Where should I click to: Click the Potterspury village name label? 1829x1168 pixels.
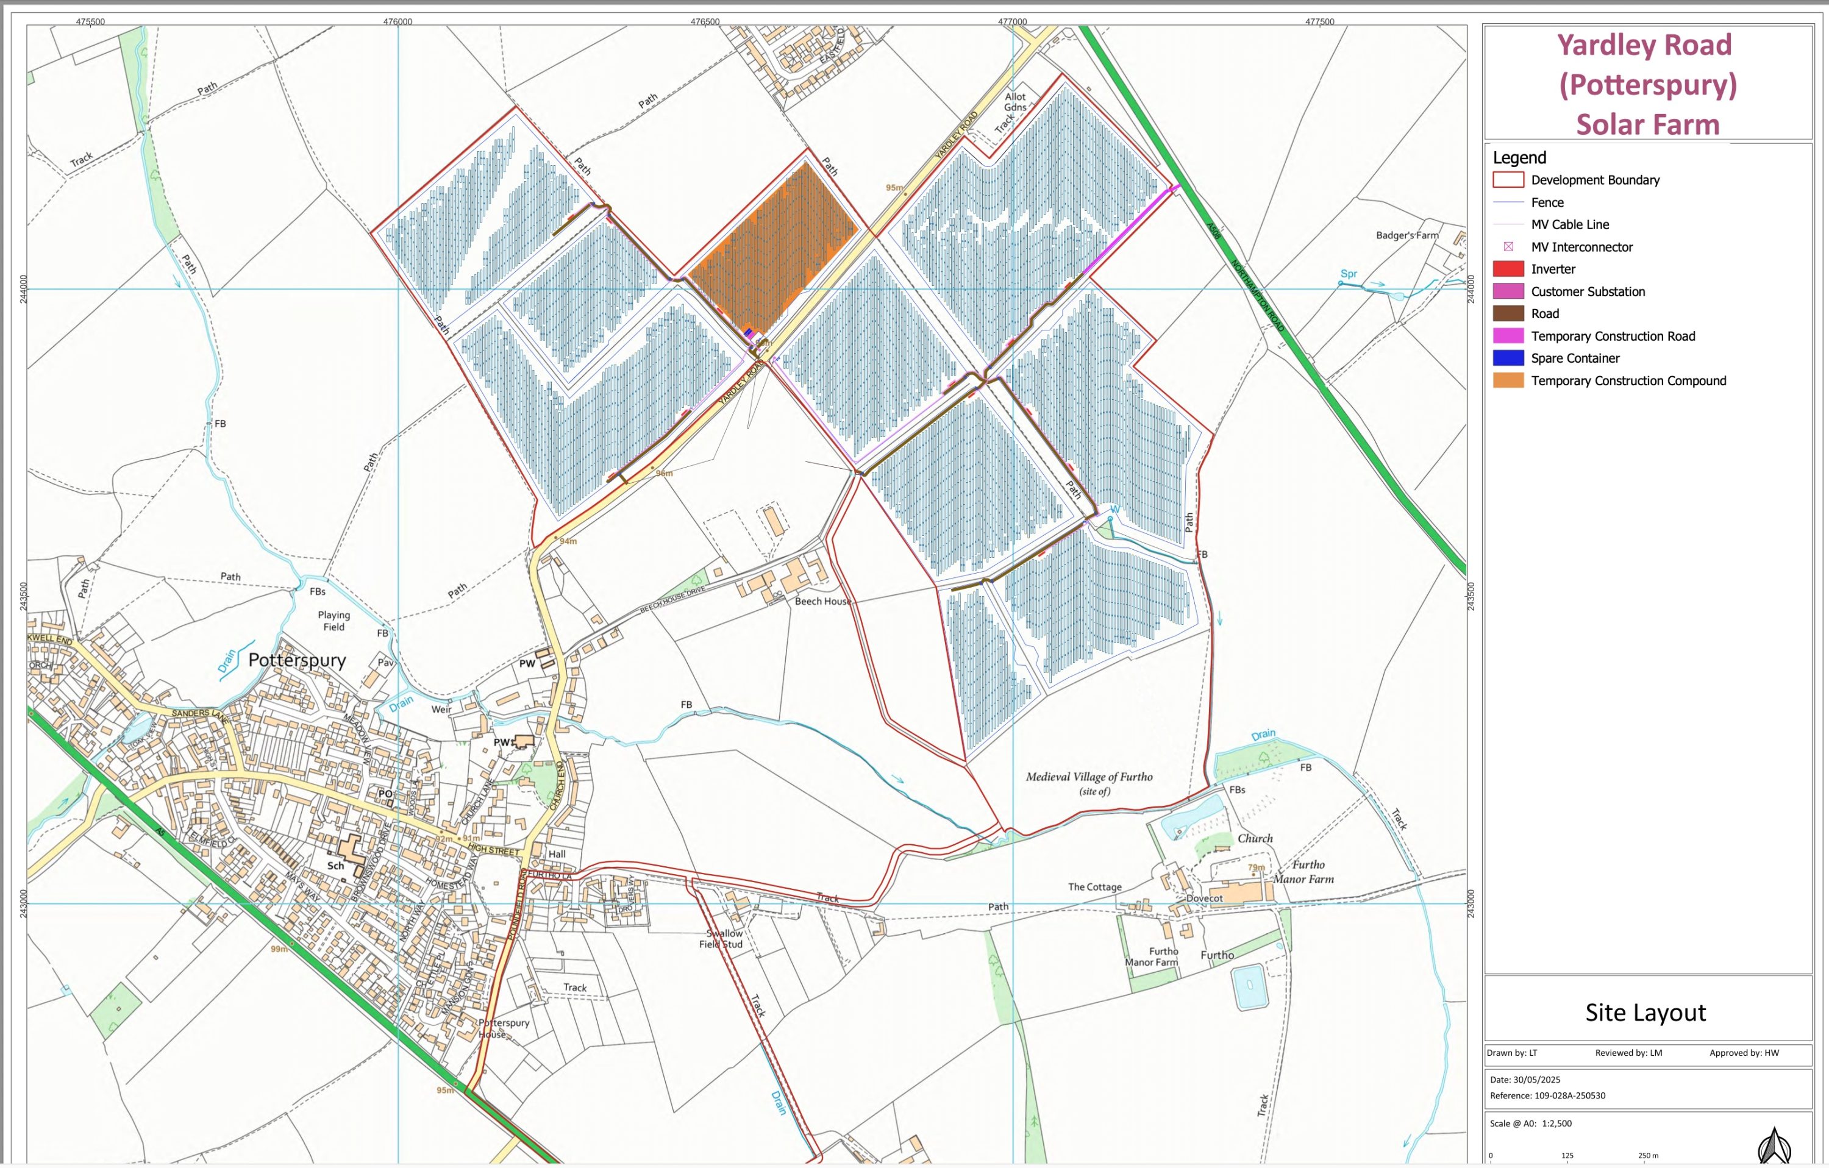(297, 660)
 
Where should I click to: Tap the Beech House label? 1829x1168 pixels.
(822, 602)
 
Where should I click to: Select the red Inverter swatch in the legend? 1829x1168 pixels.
(1508, 269)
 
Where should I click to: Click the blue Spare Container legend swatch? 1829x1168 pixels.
(1508, 358)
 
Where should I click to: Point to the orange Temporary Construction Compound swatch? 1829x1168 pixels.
(1508, 380)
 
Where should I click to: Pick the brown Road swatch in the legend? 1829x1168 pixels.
(1508, 314)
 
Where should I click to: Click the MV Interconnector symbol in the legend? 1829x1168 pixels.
(1508, 247)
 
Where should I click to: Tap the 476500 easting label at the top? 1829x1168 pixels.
(705, 21)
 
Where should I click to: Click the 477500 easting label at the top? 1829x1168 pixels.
(1319, 21)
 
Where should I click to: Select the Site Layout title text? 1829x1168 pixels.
(1645, 1013)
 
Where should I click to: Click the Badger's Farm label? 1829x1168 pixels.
(1407, 235)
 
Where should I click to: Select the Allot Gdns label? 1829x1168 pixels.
(1016, 102)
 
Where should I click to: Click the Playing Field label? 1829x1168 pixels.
(334, 621)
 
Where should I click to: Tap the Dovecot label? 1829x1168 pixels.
(1204, 899)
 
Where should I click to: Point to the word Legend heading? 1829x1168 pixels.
(1519, 158)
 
